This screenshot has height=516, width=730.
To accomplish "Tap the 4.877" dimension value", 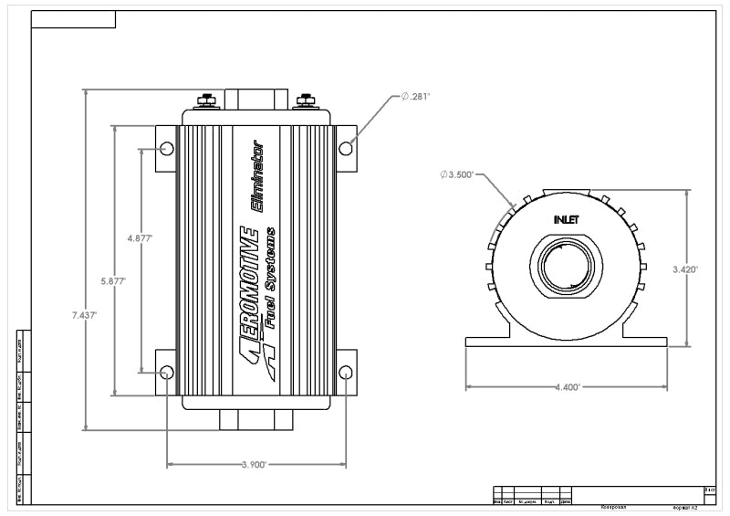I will click(x=140, y=238).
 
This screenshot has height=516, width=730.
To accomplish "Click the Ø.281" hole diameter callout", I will click(x=415, y=96).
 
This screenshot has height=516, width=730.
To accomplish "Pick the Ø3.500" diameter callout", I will click(x=457, y=174).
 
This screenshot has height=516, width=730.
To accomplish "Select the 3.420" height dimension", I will click(x=684, y=269).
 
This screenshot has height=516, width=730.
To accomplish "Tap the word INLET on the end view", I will click(x=567, y=220).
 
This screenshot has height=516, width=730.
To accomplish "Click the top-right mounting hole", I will click(x=346, y=148).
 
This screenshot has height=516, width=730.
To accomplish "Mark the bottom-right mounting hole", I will click(x=346, y=372).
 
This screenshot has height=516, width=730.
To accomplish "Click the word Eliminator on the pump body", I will click(x=258, y=177).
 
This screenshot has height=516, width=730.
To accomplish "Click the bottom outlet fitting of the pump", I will click(x=256, y=419).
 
